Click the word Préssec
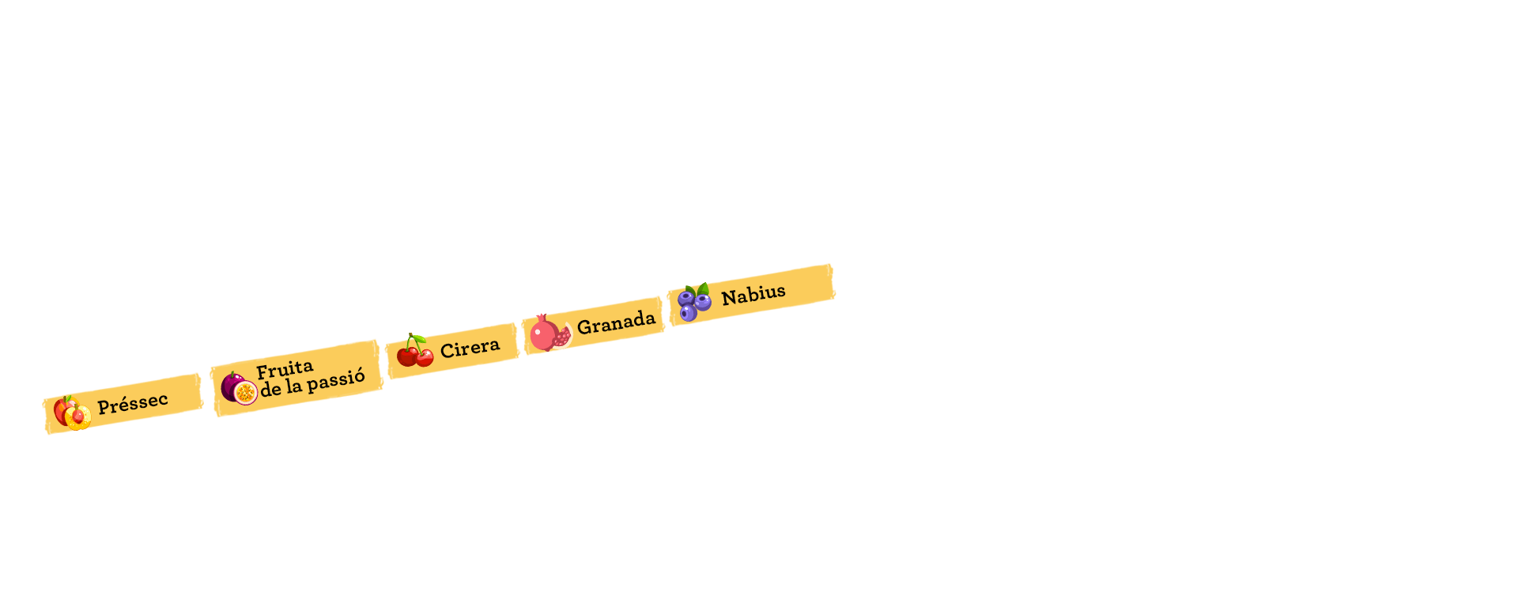(x=133, y=404)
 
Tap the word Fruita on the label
(x=285, y=369)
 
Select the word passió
(x=336, y=381)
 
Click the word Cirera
(x=470, y=348)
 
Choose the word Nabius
(x=753, y=294)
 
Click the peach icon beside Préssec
(x=72, y=413)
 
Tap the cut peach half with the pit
(x=78, y=417)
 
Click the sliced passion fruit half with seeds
(x=246, y=393)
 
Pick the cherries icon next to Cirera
(x=415, y=351)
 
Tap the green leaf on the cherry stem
(x=419, y=338)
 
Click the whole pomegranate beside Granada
(x=543, y=334)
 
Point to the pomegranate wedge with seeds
(x=562, y=337)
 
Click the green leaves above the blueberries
(x=697, y=290)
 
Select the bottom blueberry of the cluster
(x=689, y=313)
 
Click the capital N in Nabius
(x=728, y=298)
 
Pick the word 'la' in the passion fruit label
(x=294, y=386)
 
